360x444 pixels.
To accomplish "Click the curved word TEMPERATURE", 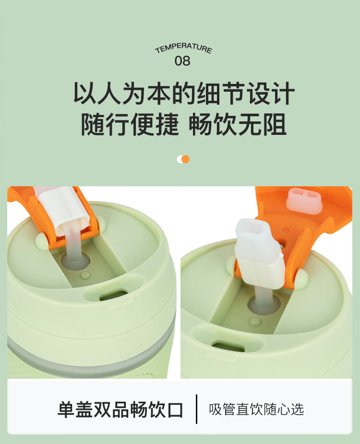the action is (183, 48).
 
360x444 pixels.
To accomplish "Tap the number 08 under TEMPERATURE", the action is (182, 61).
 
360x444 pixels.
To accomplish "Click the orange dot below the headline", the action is (186, 159).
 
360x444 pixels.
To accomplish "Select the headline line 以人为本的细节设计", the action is (184, 93).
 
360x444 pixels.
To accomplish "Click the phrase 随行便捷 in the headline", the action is (130, 124).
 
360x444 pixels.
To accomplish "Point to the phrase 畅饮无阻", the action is (238, 124).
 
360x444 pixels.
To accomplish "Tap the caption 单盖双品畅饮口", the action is (120, 409).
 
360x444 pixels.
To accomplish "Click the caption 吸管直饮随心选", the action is (256, 409).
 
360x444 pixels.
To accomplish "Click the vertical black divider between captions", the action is (197, 409).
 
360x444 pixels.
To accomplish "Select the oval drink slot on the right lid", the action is (228, 347).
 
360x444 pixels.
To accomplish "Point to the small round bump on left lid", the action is (85, 275).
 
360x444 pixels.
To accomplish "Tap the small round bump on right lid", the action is (255, 321).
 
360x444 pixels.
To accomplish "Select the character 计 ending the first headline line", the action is (283, 93).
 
